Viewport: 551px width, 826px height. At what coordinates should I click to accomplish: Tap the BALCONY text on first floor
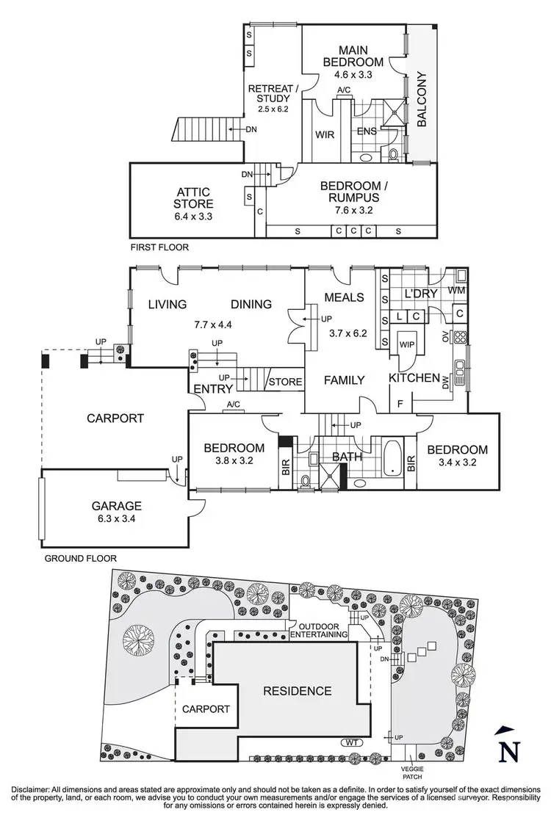pos(422,100)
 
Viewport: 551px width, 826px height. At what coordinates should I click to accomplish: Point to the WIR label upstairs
pos(325,134)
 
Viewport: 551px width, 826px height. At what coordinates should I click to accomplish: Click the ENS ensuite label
pos(367,132)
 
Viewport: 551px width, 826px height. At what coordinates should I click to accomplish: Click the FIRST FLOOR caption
pos(159,247)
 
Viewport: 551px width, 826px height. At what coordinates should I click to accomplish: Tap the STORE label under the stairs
pos(285,382)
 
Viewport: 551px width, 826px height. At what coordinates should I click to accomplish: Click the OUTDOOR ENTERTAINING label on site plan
pos(318,630)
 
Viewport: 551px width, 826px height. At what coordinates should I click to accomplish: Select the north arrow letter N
pos(504,753)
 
